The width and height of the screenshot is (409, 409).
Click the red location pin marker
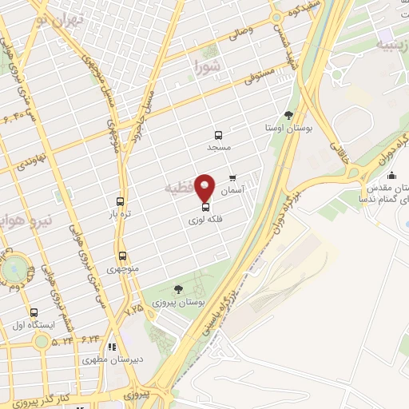(204, 186)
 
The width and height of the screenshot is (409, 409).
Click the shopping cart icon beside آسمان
(232, 178)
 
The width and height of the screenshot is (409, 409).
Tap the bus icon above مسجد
(217, 134)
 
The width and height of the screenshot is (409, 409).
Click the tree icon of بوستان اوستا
(288, 115)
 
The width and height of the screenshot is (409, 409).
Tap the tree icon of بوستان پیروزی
(177, 290)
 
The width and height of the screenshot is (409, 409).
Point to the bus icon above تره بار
(120, 201)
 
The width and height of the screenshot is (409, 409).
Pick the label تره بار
(120, 214)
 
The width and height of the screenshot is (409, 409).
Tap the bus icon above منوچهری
(122, 256)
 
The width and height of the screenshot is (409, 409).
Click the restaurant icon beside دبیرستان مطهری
(112, 347)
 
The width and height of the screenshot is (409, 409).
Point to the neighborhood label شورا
(206, 66)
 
